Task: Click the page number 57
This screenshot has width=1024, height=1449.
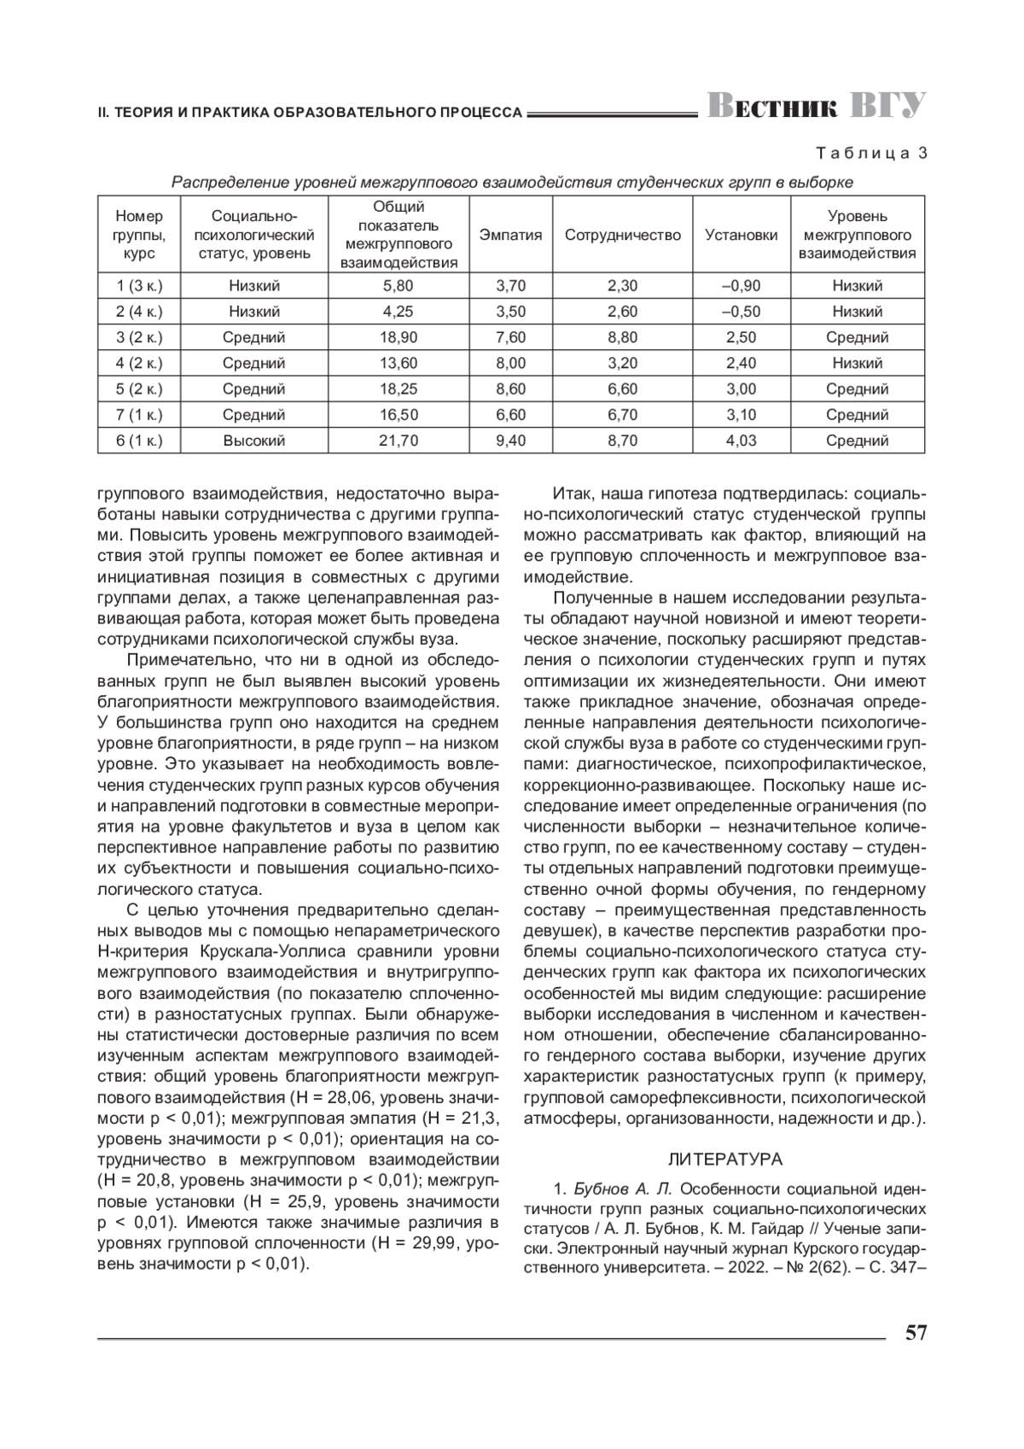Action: [x=916, y=1333]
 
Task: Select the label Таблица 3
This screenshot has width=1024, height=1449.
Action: [x=871, y=154]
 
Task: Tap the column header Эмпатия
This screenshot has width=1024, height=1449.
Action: [x=510, y=235]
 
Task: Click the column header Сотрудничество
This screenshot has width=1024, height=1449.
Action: [x=623, y=235]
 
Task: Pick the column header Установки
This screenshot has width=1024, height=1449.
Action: [x=741, y=235]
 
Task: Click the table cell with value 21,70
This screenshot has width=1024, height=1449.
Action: [x=399, y=441]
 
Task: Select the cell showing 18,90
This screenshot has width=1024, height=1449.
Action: [x=399, y=337]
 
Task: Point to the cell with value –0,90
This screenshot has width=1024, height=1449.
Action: [x=741, y=286]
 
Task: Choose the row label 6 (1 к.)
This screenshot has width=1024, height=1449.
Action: [x=139, y=441]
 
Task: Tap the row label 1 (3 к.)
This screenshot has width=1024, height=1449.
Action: [x=139, y=286]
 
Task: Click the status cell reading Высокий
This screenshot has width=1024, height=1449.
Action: [x=253, y=441]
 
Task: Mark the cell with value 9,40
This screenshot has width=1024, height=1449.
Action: [x=510, y=441]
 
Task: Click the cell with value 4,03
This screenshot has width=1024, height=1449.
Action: [x=741, y=441]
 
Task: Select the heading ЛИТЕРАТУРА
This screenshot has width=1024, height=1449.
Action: [x=724, y=1160]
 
